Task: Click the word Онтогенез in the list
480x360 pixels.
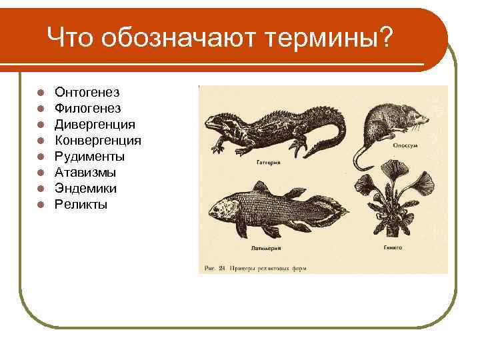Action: point(87,92)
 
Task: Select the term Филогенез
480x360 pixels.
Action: point(87,108)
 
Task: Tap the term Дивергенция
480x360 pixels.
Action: point(95,124)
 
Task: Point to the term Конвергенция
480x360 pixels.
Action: point(97,140)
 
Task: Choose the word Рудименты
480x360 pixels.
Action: point(89,156)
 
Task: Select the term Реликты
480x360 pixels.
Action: point(81,204)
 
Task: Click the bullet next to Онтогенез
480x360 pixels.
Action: point(41,93)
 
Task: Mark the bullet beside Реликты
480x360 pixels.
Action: point(41,205)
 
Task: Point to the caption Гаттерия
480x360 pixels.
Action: point(268,162)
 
